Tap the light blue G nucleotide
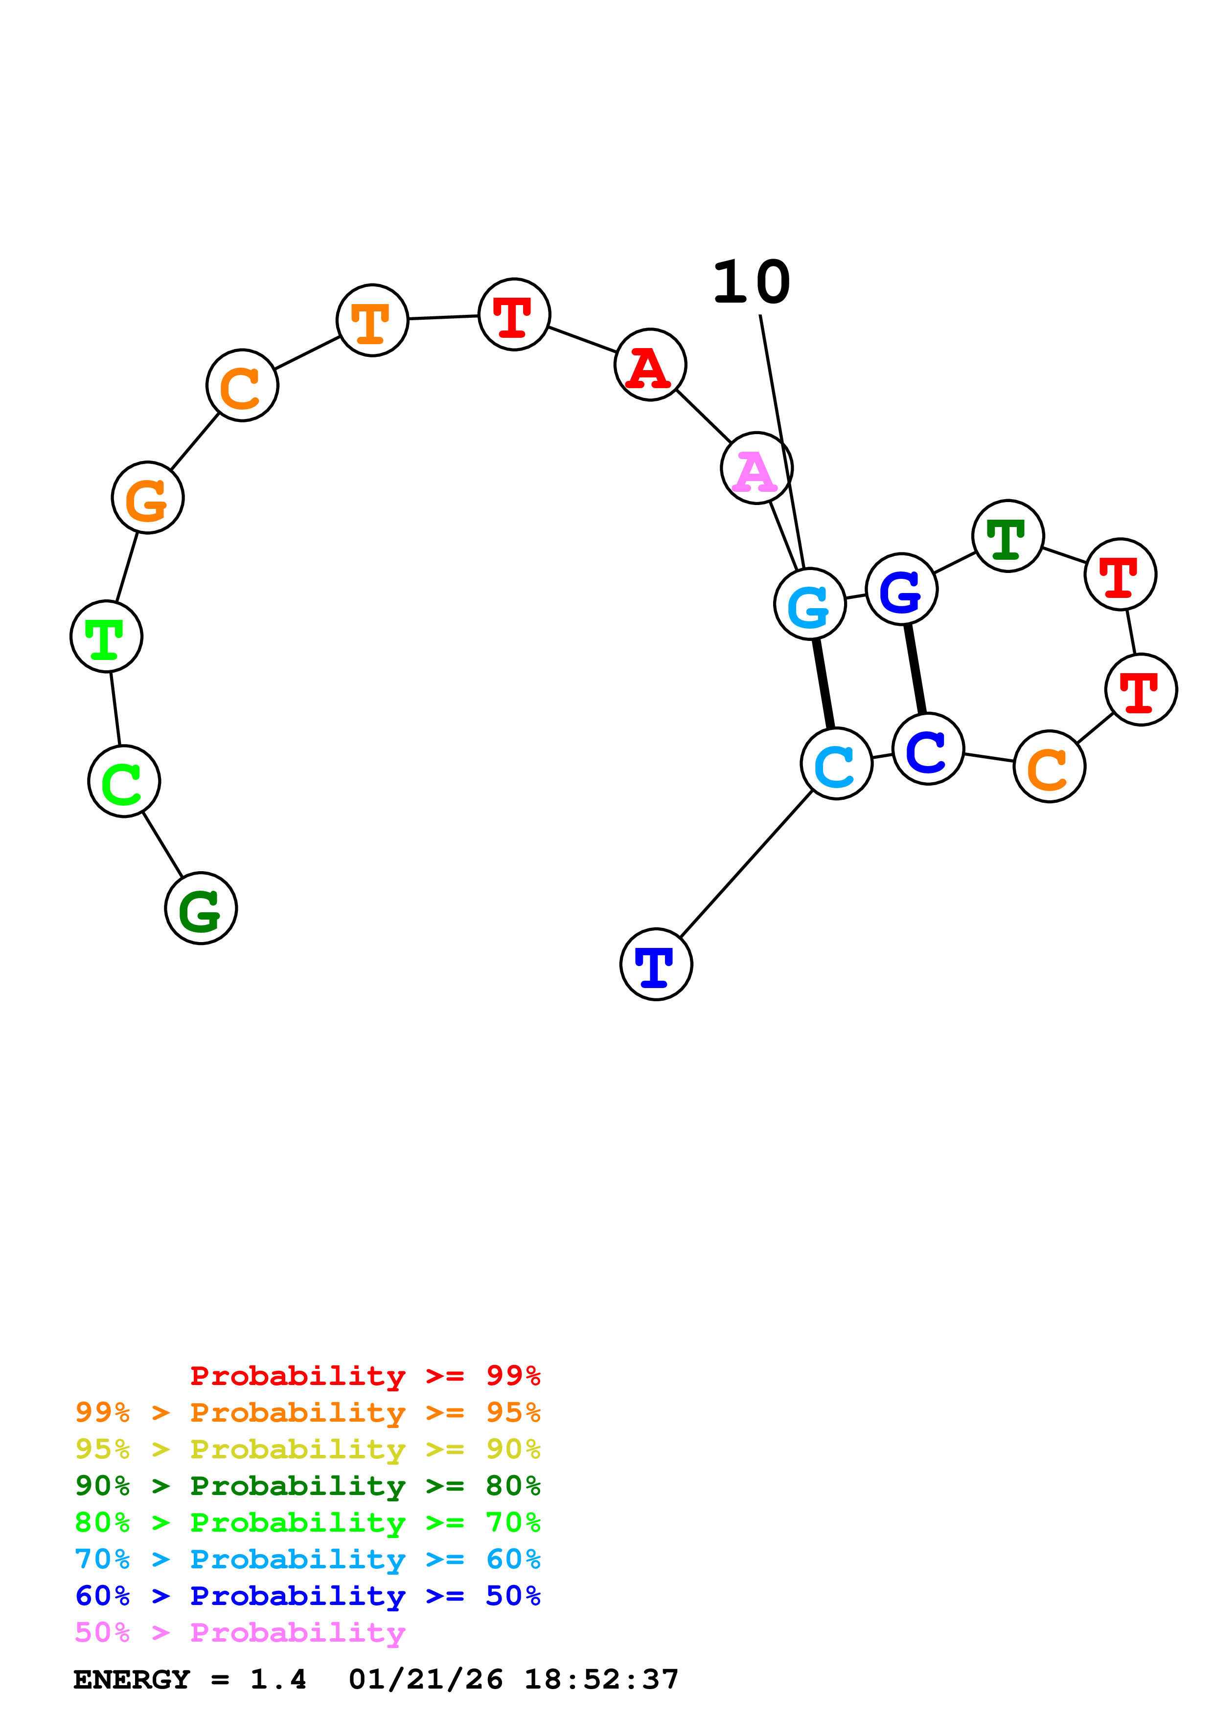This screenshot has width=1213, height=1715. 809,604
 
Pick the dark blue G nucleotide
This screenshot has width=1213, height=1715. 901,589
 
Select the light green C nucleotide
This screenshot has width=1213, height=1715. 124,781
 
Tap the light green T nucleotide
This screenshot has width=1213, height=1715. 106,637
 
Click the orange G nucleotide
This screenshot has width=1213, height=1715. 147,498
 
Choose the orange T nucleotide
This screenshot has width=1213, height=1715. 372,320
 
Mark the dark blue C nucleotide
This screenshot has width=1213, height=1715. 928,748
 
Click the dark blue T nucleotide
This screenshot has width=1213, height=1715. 656,964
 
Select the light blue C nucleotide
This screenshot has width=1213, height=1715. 836,763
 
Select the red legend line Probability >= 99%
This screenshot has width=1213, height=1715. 365,1375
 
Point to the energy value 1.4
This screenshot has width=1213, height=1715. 278,1679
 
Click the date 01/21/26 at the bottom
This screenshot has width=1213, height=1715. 425,1679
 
